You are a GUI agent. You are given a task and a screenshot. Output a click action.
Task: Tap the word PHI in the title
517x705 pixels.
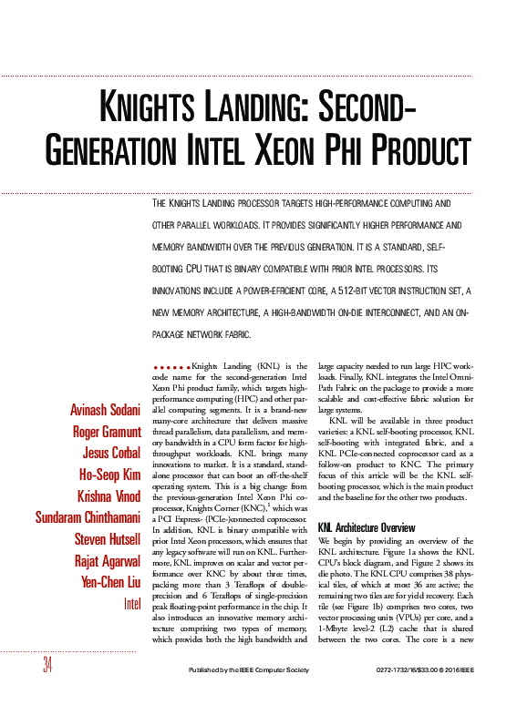click(x=346, y=148)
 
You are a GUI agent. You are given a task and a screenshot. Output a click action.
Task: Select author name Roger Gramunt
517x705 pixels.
click(x=106, y=432)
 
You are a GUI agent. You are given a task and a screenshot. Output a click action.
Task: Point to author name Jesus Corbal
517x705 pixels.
click(x=110, y=454)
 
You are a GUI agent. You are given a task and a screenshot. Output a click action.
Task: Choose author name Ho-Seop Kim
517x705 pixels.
click(x=109, y=475)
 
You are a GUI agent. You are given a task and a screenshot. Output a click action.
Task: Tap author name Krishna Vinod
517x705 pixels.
click(x=108, y=496)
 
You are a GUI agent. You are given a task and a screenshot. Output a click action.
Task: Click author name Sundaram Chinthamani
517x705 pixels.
click(x=87, y=517)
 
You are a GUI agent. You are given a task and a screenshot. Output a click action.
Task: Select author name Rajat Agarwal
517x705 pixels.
click(x=107, y=560)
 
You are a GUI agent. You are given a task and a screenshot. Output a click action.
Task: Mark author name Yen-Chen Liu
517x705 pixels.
click(x=109, y=582)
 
